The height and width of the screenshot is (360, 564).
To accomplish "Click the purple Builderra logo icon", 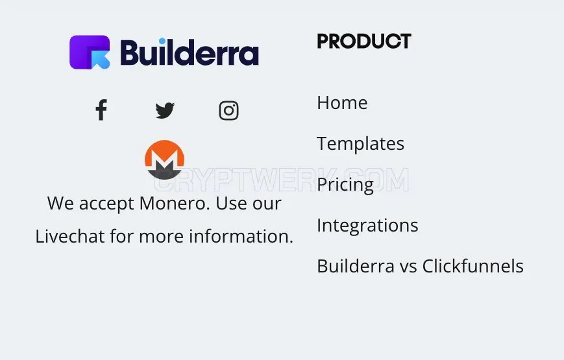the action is [x=90, y=52].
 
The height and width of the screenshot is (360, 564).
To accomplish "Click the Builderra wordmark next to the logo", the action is [x=190, y=52].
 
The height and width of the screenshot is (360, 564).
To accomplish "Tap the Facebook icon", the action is [x=101, y=110].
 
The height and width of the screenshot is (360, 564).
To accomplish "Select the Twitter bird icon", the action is [x=165, y=110].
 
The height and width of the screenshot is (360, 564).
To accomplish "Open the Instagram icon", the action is [x=228, y=110].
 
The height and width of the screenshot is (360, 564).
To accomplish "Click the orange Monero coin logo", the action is [x=164, y=160].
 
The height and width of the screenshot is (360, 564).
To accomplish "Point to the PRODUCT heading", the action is [x=364, y=41].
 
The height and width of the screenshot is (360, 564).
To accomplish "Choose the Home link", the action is [x=342, y=103].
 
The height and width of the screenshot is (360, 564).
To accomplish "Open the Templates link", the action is [x=360, y=144].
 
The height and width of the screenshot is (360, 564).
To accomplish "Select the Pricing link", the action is [x=345, y=185].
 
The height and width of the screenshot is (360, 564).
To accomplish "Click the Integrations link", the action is [x=367, y=226].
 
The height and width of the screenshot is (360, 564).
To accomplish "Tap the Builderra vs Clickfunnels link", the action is [x=420, y=267].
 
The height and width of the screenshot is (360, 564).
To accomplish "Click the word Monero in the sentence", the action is [x=175, y=204].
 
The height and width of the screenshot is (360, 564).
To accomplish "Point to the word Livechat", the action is [x=70, y=237].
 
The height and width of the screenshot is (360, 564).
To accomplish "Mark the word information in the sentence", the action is [x=241, y=237].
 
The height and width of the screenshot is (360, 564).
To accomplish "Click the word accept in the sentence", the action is [x=106, y=204].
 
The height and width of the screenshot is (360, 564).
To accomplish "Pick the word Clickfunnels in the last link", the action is [x=472, y=267].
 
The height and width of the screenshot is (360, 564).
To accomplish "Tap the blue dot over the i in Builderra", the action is [x=162, y=41].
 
